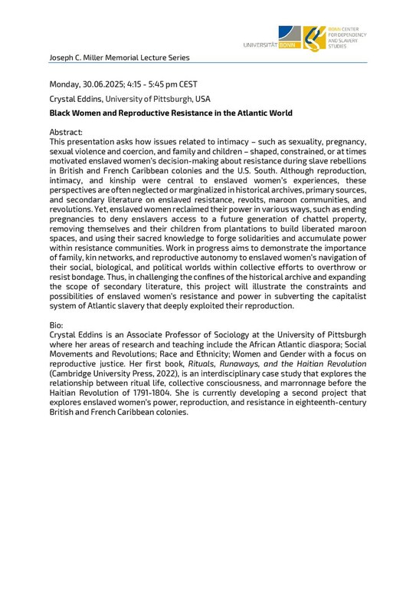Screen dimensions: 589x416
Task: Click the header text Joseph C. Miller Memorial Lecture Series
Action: click(119, 58)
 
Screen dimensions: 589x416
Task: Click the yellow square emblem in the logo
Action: click(313, 38)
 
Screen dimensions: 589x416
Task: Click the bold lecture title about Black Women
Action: click(170, 113)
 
